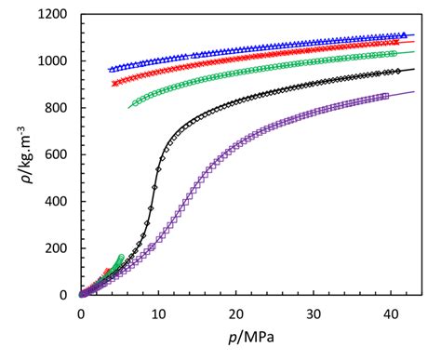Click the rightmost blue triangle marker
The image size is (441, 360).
pyautogui.click(x=403, y=34)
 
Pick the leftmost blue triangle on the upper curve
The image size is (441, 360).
pyautogui.click(x=111, y=70)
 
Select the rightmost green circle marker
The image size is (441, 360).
pyautogui.click(x=394, y=53)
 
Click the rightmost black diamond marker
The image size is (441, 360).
pyautogui.click(x=398, y=71)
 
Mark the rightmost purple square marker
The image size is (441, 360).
pyautogui.click(x=386, y=96)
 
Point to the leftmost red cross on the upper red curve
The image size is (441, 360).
pyautogui.click(x=114, y=84)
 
